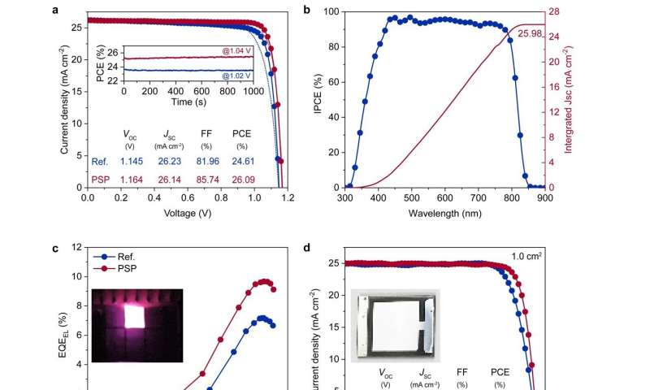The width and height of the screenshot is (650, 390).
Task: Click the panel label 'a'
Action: pyautogui.click(x=54, y=10)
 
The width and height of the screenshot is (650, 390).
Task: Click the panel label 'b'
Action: pyautogui.click(x=307, y=10)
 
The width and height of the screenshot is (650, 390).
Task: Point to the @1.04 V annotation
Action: pyautogui.click(x=237, y=52)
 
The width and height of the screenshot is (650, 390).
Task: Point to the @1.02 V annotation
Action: pyautogui.click(x=237, y=76)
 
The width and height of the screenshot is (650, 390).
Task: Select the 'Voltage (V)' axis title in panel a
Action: pyautogui.click(x=188, y=213)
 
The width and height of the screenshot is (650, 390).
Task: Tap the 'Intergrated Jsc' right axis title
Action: pyautogui.click(x=582, y=99)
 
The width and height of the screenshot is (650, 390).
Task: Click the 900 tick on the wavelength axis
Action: pyautogui.click(x=544, y=197)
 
